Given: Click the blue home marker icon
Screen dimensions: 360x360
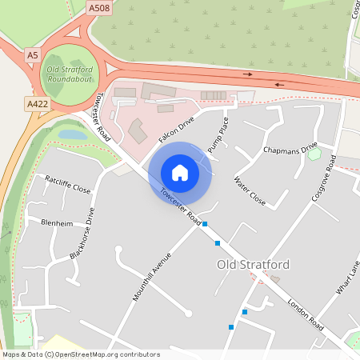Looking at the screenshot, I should [x=180, y=173].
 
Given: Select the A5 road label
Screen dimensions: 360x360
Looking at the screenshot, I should [x=32, y=55].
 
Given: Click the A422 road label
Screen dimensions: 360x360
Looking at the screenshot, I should [x=37, y=104].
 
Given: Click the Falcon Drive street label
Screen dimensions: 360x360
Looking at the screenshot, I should [x=176, y=129].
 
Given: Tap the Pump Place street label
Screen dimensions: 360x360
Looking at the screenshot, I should [x=218, y=134].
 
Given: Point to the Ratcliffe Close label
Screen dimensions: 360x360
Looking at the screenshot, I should [x=68, y=185].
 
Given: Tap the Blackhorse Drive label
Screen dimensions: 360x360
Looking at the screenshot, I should [x=82, y=232].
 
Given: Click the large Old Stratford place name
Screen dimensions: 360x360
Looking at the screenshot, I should [x=253, y=264].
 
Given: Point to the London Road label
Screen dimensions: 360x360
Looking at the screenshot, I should [x=305, y=315].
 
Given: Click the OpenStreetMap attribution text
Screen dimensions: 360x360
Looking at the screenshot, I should [x=82, y=354].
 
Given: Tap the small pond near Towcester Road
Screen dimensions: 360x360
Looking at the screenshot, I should [x=73, y=135].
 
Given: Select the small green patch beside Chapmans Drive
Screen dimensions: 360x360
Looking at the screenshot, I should [x=314, y=154].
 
